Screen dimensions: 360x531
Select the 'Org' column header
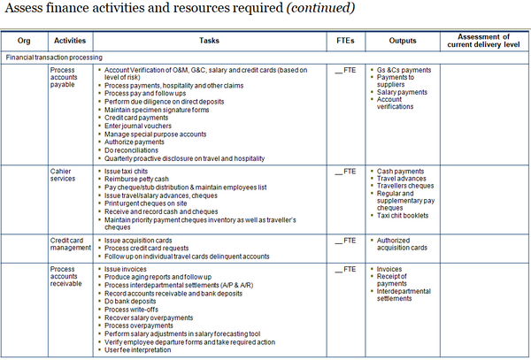point(24,41)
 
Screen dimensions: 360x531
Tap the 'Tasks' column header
point(209,41)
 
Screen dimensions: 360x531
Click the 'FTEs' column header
point(346,41)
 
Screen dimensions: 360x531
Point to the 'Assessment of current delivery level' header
point(483,41)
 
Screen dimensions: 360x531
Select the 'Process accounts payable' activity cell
point(65,76)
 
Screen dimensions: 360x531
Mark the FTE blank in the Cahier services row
point(344,171)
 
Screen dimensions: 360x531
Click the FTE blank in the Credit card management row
point(344,240)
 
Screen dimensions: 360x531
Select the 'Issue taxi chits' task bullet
point(129,171)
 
